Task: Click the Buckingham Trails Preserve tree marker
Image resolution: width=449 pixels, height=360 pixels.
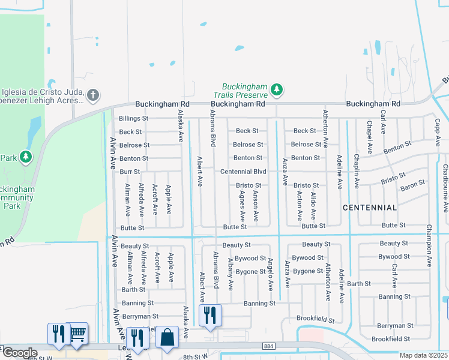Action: pos(276,90)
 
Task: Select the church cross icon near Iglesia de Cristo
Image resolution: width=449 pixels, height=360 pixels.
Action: pos(92,94)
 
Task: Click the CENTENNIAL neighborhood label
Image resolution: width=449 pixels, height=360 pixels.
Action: pos(370,208)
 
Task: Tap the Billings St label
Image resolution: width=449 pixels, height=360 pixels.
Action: pos(133,119)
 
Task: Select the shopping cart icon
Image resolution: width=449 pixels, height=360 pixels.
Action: pos(77,333)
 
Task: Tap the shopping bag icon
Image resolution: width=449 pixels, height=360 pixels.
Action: pos(166,337)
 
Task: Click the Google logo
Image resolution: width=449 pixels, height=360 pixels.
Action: pos(20,353)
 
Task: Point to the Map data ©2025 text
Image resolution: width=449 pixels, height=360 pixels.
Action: pos(424,355)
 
